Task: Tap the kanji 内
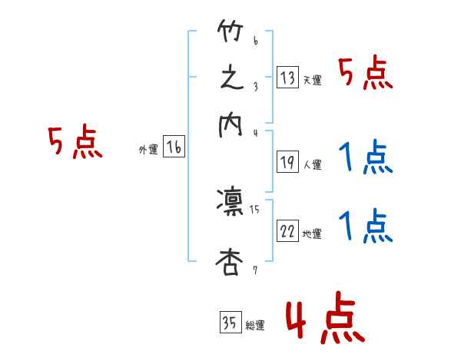231,125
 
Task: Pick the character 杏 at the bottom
231,263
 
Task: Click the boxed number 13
287,77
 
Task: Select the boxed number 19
287,162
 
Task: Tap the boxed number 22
287,232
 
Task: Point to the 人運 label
312,164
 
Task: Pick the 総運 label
255,326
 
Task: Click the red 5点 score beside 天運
365,75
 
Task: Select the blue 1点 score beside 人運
365,157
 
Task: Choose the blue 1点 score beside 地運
365,227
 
